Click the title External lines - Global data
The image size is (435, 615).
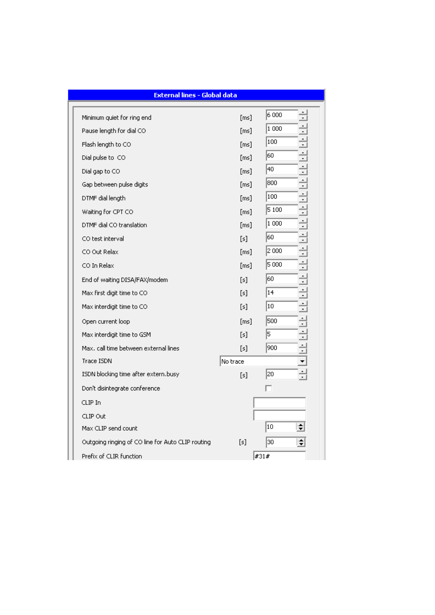(195, 95)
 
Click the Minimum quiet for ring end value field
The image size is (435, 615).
(281, 115)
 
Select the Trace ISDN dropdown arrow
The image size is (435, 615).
(302, 361)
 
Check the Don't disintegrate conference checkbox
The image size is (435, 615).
(269, 388)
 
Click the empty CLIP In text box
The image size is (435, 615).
(279, 403)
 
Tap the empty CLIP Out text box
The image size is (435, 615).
(279, 415)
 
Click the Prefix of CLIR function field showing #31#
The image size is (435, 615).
(279, 456)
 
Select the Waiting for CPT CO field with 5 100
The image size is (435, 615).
(281, 210)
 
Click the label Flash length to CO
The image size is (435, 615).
(106, 144)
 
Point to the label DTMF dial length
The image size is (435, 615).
(104, 198)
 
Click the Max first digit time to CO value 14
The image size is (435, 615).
(281, 293)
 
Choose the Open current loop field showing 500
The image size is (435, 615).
(281, 321)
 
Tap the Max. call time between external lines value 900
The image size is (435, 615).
(281, 348)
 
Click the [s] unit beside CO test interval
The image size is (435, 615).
(244, 239)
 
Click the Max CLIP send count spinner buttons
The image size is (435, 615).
(300, 427)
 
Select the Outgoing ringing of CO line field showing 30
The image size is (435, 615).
(280, 442)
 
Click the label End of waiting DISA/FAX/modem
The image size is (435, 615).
(125, 280)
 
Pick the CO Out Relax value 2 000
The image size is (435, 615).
(281, 251)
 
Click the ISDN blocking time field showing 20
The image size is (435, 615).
(281, 374)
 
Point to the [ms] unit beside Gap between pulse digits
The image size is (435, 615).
(246, 184)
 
